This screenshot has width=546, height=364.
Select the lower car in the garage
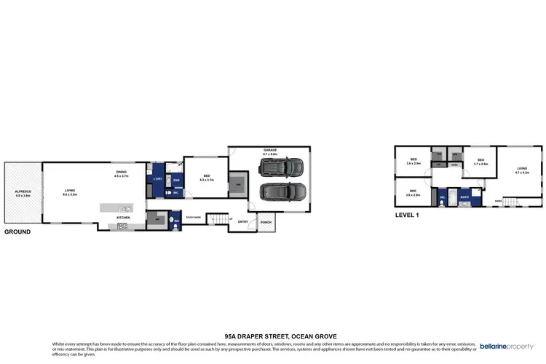point(282,194)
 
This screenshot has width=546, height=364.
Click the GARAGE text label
point(270,151)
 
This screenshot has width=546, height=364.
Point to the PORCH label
point(266,222)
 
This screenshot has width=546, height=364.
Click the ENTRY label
point(242,222)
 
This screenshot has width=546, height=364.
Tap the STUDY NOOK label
point(193,217)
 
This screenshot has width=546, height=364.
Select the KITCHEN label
point(123,218)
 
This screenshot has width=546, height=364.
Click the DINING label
point(121,173)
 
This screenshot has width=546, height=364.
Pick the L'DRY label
point(157,179)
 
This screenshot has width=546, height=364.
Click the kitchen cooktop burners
point(122,226)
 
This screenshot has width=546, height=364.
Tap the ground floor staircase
point(215,218)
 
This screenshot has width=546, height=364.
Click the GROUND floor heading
point(17,232)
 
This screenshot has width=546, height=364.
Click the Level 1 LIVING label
point(522,169)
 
